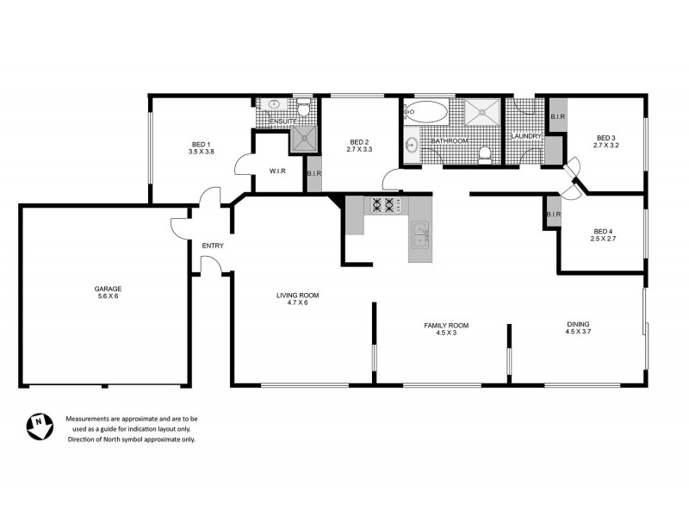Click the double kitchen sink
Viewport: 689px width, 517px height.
(419, 232)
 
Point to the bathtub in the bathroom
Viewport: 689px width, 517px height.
(426, 112)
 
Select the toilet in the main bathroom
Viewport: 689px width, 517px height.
(485, 154)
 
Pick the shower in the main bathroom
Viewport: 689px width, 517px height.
(481, 113)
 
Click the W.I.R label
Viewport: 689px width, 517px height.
(276, 171)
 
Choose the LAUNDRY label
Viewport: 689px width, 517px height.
(525, 137)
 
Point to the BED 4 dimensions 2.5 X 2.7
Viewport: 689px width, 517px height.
(603, 239)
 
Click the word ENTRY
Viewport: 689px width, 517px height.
(213, 246)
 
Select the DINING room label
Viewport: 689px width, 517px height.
(577, 324)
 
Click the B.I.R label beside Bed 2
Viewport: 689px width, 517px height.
(313, 175)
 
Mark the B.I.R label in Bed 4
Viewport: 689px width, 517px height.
(552, 214)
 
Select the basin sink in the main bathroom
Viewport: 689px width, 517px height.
(411, 145)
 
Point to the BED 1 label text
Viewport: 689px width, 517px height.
(201, 144)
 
